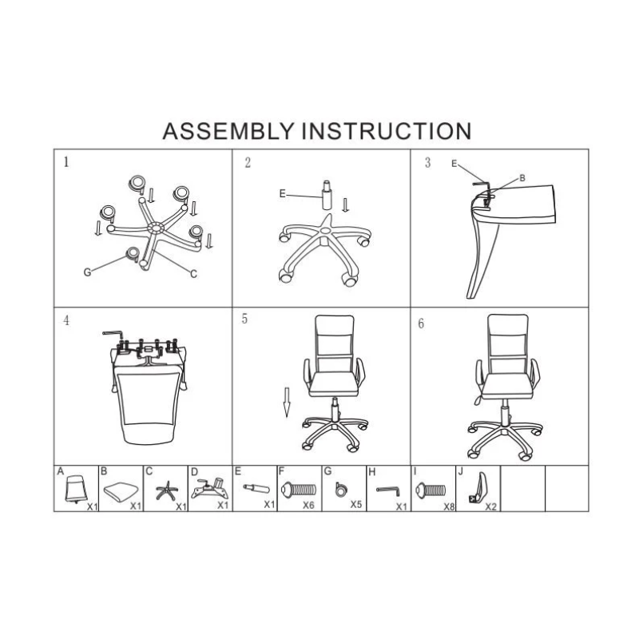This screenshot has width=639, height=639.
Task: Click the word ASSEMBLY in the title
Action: click(x=228, y=131)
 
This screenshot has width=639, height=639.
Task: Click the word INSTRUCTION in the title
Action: click(x=387, y=131)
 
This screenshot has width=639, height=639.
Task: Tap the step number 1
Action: click(x=66, y=162)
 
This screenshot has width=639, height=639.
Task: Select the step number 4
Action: click(x=66, y=320)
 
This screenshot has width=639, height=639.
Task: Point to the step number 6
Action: click(x=421, y=323)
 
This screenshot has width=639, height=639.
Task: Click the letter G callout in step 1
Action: click(x=87, y=272)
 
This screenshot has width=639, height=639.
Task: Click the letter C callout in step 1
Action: click(x=193, y=274)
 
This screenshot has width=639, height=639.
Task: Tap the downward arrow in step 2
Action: click(x=346, y=205)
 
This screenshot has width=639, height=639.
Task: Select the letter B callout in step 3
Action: click(x=522, y=178)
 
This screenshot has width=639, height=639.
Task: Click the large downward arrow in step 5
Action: click(x=287, y=403)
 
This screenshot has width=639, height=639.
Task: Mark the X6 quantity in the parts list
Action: click(x=308, y=505)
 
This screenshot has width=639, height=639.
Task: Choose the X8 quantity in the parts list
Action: click(x=449, y=506)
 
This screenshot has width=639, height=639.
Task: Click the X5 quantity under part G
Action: click(x=355, y=504)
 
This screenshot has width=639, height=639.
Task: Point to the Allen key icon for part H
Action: click(x=388, y=490)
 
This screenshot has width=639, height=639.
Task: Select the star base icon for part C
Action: click(x=167, y=490)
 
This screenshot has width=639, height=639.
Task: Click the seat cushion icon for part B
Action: click(x=121, y=491)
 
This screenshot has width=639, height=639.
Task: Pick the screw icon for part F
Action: click(x=299, y=489)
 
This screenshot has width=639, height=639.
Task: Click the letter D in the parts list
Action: click(x=194, y=471)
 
